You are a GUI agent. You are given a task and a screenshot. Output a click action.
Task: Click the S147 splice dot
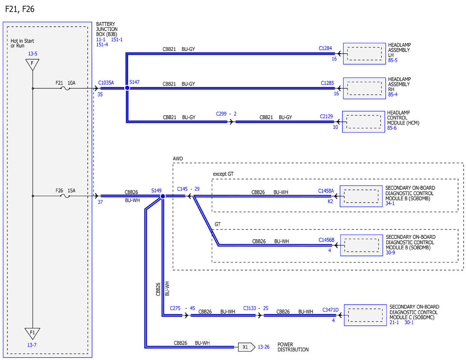click(x=127, y=88)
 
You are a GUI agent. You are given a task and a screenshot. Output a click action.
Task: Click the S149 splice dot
click(x=163, y=196)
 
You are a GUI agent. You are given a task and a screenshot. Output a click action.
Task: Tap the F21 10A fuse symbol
click(x=65, y=88)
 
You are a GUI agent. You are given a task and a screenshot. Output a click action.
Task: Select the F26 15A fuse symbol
click(x=65, y=196)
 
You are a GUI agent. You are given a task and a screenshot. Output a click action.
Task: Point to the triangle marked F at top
click(x=32, y=64)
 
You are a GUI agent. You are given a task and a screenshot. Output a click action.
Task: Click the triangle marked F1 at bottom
click(x=32, y=334)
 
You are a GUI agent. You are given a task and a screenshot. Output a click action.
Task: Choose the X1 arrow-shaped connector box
click(x=247, y=347)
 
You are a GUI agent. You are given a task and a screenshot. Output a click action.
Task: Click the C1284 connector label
click(x=325, y=48)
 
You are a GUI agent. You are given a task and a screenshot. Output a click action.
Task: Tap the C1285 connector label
click(x=327, y=83)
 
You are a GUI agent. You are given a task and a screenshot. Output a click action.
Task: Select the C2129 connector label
click(x=326, y=117)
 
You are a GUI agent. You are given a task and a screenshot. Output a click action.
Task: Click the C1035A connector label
click(x=106, y=83)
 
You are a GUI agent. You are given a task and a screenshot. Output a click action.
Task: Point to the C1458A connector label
click(x=326, y=191)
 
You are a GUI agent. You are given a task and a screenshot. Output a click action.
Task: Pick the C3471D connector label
click(x=330, y=310)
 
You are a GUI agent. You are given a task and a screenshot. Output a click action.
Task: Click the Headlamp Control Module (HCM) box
click(x=363, y=122)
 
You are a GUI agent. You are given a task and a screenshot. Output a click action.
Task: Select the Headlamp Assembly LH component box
click(x=364, y=54)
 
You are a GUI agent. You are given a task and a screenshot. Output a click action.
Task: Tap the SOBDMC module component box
click(x=365, y=315)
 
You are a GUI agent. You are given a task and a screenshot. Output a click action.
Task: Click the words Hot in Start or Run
click(x=22, y=43)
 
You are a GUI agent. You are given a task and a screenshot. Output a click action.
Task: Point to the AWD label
click(x=178, y=159)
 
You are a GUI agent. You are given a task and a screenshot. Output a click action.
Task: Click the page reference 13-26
click(x=263, y=347)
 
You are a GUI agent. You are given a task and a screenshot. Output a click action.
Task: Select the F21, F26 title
click(x=19, y=9)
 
